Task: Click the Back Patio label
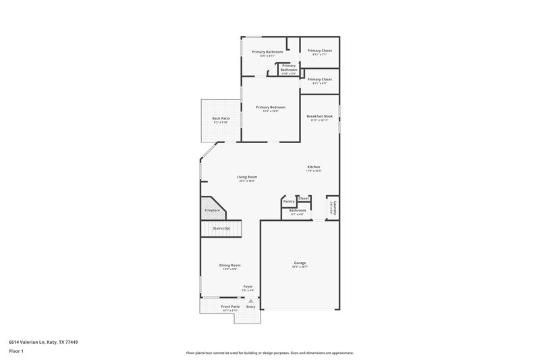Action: (221, 119)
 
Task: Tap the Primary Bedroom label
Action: (270, 107)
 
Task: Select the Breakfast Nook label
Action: (319, 116)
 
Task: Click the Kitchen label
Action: (313, 167)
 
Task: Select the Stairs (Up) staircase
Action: (221, 229)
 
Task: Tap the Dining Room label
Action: (230, 265)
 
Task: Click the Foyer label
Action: (248, 286)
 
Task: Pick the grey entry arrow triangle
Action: (250, 300)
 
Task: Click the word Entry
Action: (250, 307)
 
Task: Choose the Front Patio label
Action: (230, 307)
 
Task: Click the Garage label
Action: (300, 263)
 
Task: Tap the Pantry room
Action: (288, 201)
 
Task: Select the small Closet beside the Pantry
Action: (304, 198)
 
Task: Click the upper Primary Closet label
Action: (319, 51)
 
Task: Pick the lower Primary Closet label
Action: (319, 80)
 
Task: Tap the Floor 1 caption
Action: (16, 352)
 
